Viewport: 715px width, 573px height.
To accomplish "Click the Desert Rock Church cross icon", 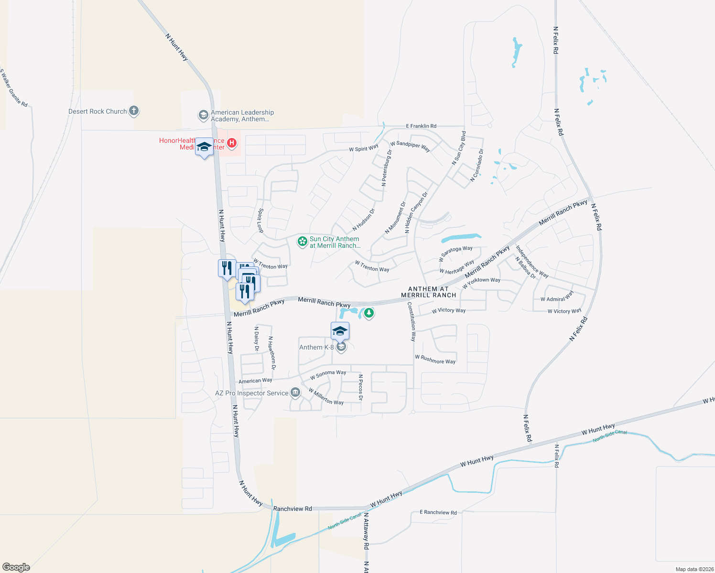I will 134,111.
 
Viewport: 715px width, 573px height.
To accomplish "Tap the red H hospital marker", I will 232,143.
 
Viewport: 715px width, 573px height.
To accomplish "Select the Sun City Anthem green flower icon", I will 302,242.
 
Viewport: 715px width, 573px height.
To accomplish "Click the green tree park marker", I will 368,313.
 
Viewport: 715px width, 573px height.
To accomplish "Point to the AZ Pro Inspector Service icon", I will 295,393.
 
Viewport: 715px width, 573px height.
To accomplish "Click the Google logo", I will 16,567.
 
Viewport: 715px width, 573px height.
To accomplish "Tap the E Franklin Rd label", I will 421,126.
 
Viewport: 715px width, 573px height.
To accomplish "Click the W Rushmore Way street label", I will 435,359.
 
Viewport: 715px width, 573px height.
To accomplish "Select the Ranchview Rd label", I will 292,509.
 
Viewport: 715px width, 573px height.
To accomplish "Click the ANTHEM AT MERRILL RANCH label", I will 428,292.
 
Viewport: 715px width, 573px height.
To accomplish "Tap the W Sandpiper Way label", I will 410,146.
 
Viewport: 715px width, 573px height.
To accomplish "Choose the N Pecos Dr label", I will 361,387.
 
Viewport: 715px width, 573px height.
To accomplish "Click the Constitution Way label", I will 412,321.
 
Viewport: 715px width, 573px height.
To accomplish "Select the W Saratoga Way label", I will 455,253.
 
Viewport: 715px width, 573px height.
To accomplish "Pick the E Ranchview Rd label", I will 438,512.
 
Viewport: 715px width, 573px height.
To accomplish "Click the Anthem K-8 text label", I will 316,347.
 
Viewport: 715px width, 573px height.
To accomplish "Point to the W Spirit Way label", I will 363,149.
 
